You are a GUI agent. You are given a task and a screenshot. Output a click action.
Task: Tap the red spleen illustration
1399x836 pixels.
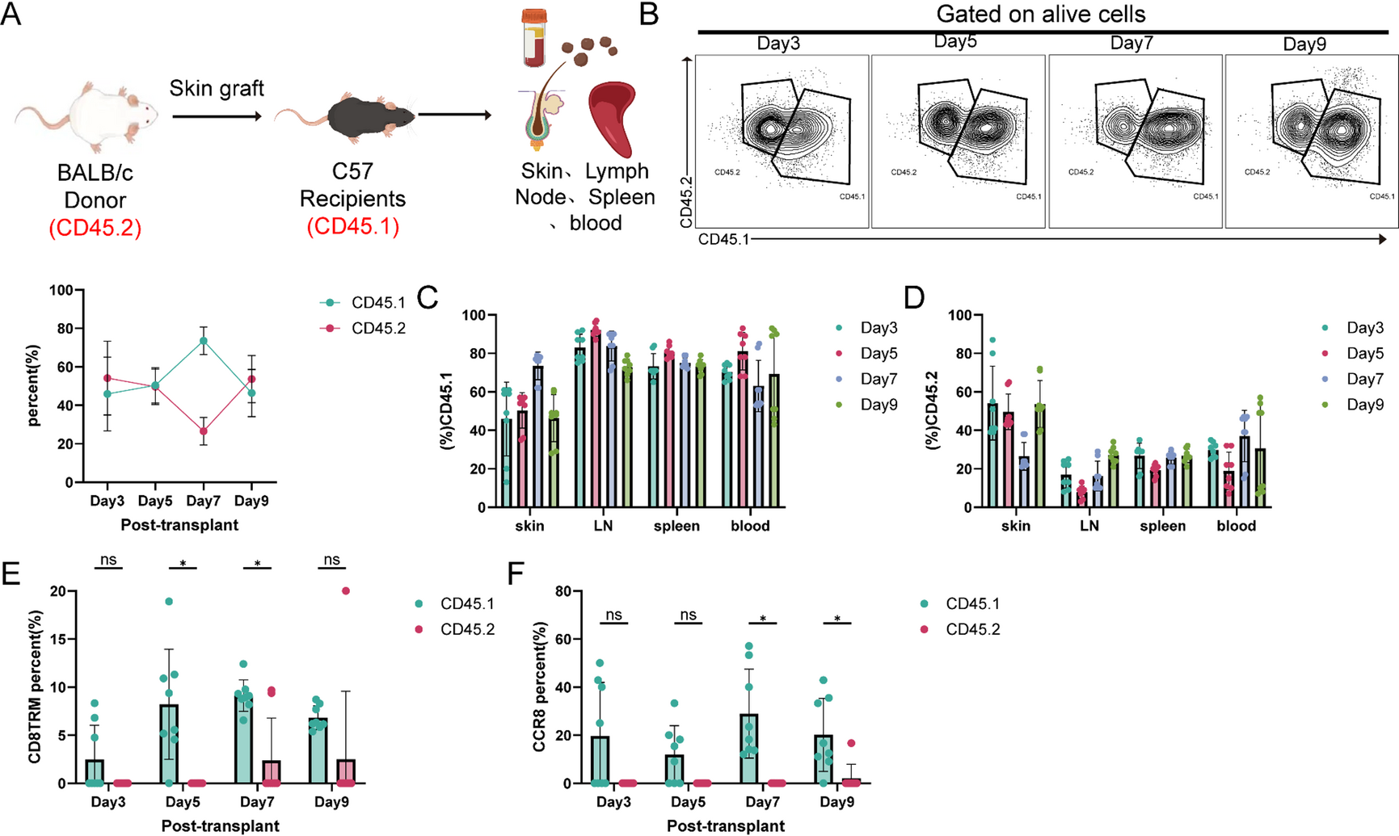tap(618, 117)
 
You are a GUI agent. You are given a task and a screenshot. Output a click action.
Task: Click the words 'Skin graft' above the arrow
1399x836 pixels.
tap(216, 87)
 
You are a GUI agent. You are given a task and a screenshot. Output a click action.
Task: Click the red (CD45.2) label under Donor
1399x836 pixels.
tap(95, 228)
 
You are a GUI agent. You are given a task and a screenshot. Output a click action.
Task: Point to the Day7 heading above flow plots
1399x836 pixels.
tap(1131, 43)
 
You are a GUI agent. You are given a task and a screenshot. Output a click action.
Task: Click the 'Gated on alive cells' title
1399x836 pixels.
tap(1040, 14)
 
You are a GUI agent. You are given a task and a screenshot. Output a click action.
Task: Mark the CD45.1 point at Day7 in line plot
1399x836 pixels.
tap(204, 341)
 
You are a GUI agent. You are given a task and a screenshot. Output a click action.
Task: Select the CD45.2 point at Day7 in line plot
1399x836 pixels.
tap(204, 431)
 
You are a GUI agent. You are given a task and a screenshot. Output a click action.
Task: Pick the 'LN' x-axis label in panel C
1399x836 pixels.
tap(603, 526)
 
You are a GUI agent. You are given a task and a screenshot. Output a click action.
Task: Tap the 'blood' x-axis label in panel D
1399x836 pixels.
tap(1237, 526)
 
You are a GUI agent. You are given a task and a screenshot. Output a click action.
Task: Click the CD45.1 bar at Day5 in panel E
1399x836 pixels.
tap(169, 744)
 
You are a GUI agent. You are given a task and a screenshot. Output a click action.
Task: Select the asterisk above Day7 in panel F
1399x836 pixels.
tap(763, 620)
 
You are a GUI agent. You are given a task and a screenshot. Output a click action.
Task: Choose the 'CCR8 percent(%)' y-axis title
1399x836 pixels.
tap(540, 687)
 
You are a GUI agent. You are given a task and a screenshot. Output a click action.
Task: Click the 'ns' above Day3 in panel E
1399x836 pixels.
tap(108, 560)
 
